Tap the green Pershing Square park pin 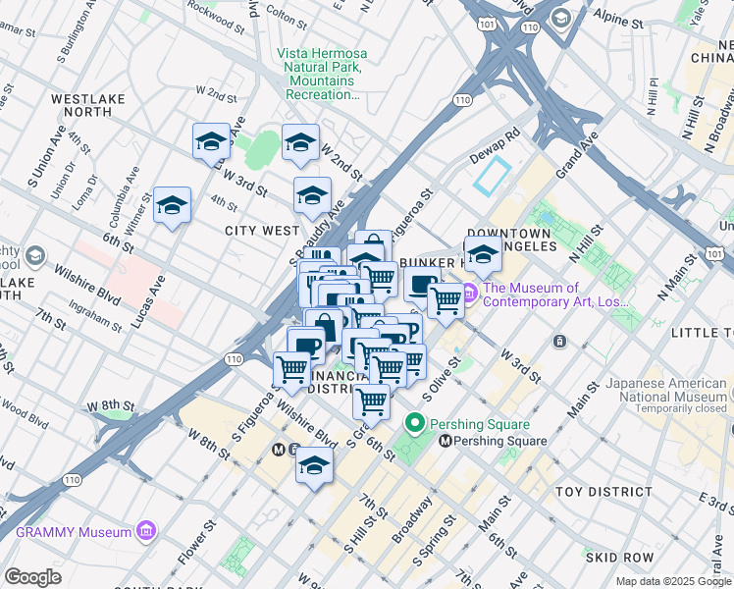[415, 425]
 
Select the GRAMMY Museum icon [147, 531]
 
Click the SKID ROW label [613, 557]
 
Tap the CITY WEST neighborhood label [262, 231]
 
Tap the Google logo [33, 577]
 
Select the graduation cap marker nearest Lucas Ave [173, 205]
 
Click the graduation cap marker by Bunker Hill [482, 254]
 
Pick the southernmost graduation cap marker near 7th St [314, 466]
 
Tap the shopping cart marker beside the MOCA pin [446, 299]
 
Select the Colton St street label [288, 16]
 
